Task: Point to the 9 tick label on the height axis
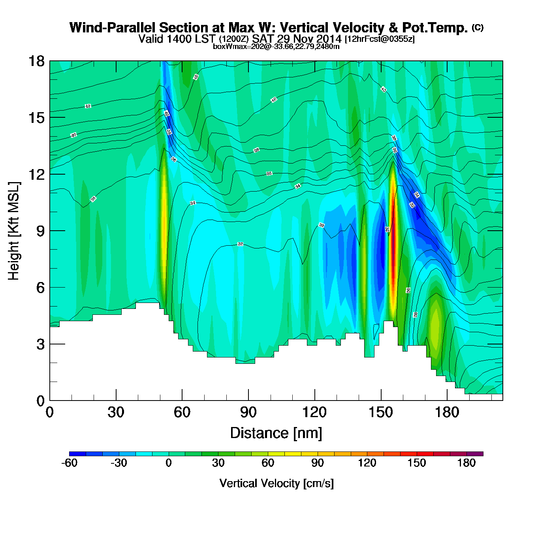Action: pos(40,231)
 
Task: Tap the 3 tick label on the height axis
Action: pos(40,344)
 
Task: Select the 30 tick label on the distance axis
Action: pos(116,413)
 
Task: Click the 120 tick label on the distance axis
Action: pos(314,413)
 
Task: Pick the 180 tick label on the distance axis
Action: pos(447,413)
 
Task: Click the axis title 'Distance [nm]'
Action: pos(276,433)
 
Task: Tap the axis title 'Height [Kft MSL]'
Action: pos(14,231)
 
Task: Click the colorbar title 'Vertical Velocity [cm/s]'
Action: pos(276,483)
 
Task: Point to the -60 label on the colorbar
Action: pos(69,463)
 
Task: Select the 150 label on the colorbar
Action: pos(417,463)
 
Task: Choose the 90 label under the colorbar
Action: pos(318,463)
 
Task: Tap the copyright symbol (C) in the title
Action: pos(478,27)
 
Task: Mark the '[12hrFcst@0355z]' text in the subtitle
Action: pos(380,39)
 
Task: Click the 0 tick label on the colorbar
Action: pos(169,463)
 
